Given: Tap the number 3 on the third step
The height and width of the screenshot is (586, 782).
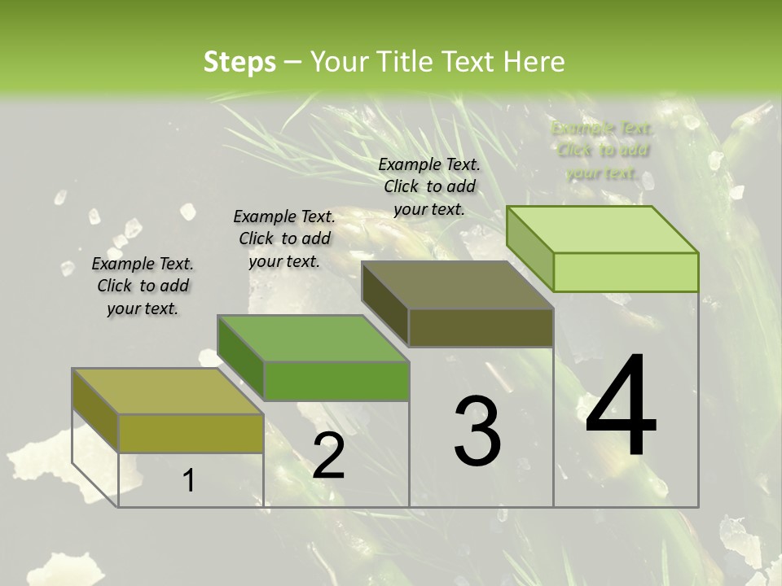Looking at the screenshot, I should [477, 431].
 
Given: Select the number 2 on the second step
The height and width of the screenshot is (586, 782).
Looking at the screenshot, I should [328, 456].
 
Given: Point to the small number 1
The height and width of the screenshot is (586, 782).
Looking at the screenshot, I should [189, 481].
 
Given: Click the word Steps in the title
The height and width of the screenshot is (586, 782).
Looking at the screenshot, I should [239, 61].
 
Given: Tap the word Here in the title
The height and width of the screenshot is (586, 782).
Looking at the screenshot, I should [534, 61].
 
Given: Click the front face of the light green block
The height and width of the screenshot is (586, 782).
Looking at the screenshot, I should [626, 272].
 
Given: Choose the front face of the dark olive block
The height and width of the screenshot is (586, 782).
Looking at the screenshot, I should [481, 327].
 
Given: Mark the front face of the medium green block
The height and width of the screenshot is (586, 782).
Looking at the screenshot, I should [336, 381].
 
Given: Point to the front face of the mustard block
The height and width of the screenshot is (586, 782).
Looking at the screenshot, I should [191, 433].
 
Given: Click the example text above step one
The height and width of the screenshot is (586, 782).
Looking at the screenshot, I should [143, 286].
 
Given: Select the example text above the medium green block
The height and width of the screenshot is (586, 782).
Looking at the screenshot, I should [284, 238].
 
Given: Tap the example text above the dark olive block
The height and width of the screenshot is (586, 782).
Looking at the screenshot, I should [429, 186].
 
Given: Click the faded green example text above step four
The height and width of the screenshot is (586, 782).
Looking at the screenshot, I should [602, 151].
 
